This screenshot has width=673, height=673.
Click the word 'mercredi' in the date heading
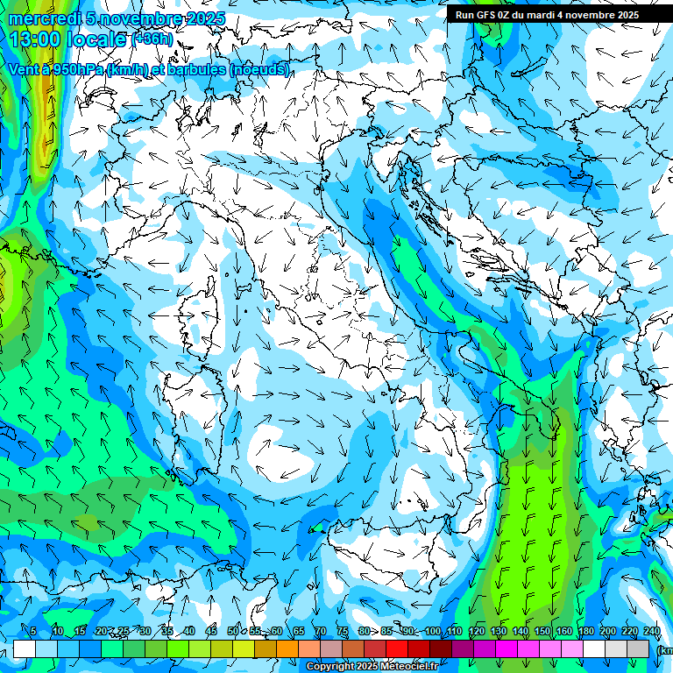45,18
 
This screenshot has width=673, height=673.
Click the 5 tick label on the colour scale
33,631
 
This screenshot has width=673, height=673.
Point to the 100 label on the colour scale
433,631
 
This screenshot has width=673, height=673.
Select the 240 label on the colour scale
652,631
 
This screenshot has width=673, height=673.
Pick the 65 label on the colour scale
299,631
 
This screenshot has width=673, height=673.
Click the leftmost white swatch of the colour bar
24,648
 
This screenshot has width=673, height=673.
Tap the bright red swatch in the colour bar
397,648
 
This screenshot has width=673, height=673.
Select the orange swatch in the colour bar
287,648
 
